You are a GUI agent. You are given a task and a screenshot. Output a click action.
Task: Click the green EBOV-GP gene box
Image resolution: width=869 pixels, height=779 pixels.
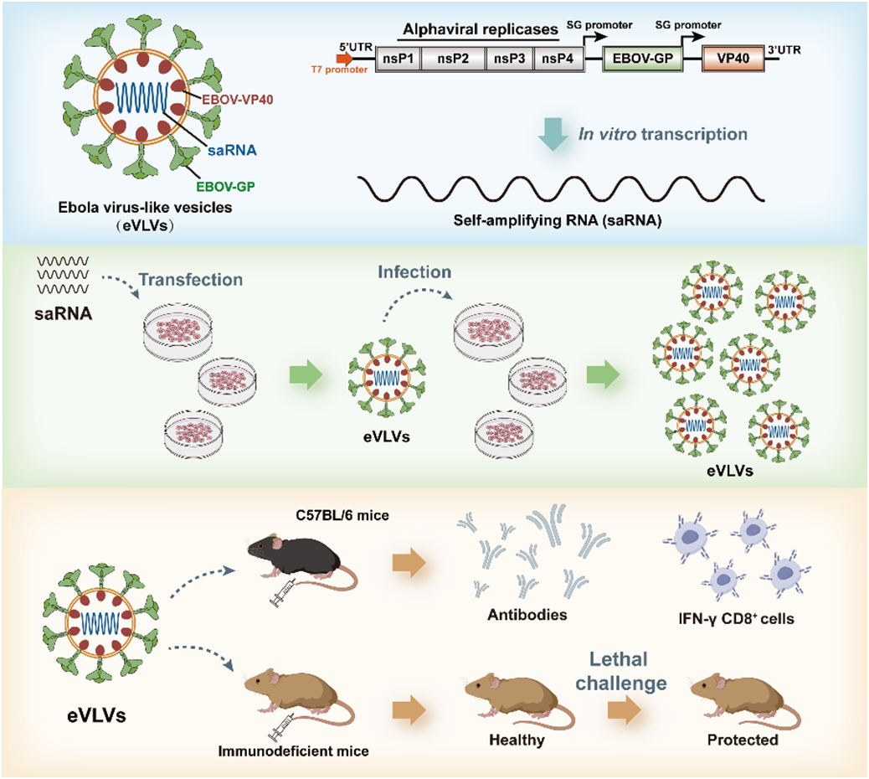pyautogui.click(x=642, y=59)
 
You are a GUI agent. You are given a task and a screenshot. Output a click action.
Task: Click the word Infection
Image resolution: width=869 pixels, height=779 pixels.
pyautogui.click(x=415, y=272)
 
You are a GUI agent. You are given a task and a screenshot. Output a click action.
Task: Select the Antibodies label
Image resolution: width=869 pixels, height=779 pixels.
pyautogui.click(x=527, y=616)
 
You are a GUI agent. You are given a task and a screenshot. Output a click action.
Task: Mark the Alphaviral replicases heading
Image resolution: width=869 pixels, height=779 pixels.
pyautogui.click(x=480, y=30)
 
